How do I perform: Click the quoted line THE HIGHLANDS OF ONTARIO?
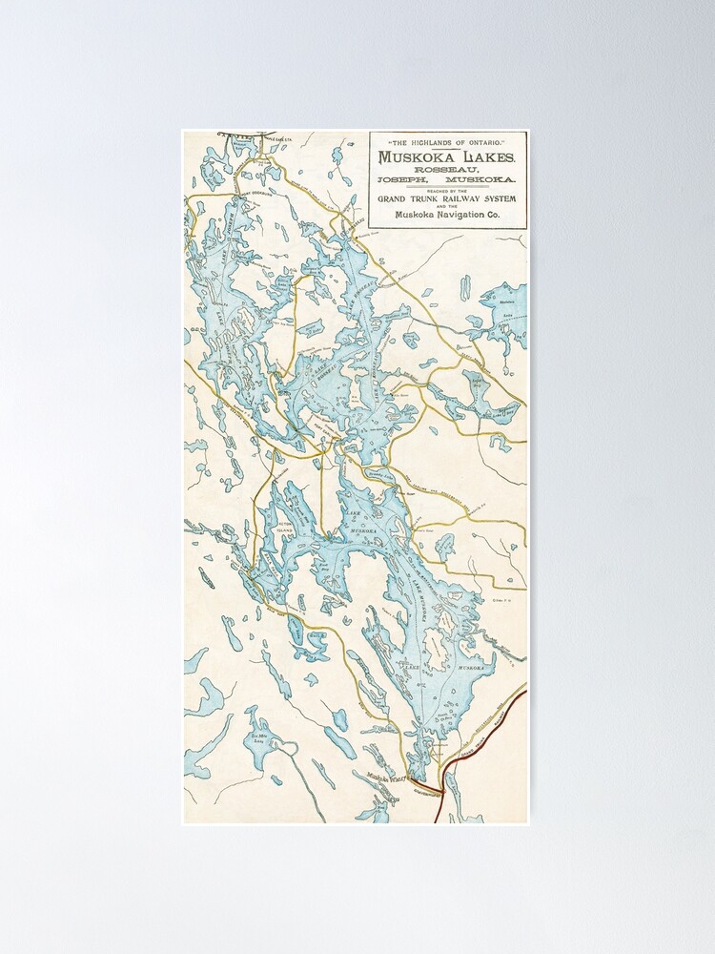tap(448, 141)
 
